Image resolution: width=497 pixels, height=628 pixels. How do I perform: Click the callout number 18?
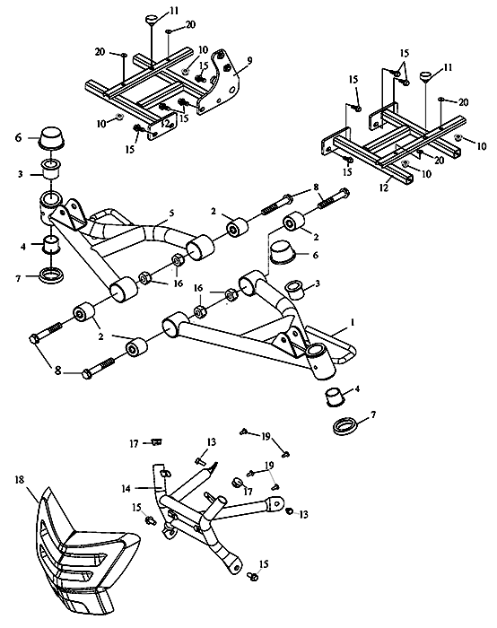20,478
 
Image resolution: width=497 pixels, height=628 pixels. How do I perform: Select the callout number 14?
126,489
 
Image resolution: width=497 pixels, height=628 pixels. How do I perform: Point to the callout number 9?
249,60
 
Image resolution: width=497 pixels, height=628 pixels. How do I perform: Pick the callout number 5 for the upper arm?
172,214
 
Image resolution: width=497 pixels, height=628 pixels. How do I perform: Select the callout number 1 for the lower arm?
353,322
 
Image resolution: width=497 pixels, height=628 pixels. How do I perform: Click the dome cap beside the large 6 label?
52,138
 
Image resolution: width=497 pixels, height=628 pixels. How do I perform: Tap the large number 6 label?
19,138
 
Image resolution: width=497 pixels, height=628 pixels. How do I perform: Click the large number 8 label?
58,371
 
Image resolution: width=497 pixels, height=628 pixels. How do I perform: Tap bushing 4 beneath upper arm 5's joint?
51,245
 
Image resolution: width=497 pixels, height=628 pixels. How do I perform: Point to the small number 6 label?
315,255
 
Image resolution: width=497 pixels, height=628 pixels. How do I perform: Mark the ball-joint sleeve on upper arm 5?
51,205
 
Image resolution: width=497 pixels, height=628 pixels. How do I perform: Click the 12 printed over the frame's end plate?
165,124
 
